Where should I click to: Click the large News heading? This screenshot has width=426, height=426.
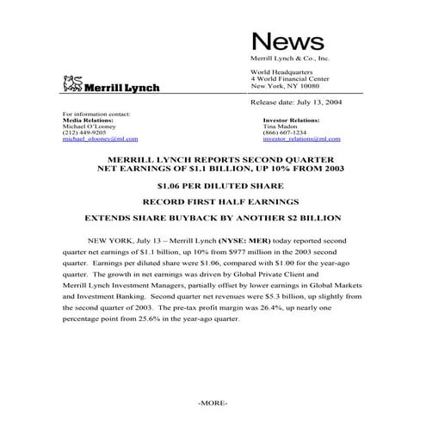click(287, 40)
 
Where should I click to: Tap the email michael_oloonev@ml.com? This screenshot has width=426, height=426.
click(101, 138)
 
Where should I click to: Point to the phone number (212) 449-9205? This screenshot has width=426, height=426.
click(84, 131)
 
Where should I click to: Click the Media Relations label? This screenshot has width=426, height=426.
click(89, 119)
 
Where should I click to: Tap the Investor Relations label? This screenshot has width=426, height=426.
click(292, 119)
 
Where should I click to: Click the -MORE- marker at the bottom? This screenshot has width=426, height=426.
click(212, 402)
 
